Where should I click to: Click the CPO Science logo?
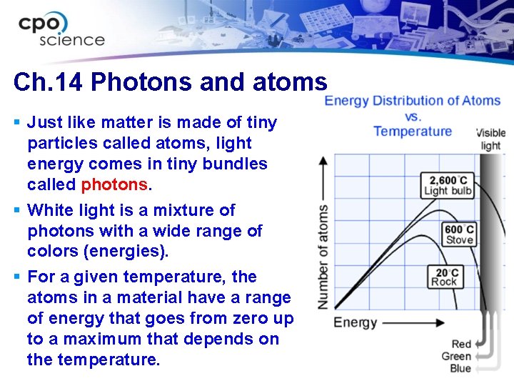coord(61,30)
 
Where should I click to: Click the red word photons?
coord(114,184)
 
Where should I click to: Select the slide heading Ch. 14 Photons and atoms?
coord(170,82)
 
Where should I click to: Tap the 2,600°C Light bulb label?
coord(448,184)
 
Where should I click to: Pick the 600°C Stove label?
coord(459,234)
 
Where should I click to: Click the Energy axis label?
coord(355,322)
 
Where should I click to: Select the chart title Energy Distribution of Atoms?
coord(412,100)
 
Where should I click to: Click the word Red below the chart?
coord(461,344)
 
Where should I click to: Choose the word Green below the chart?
coord(456,356)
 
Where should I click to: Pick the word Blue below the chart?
coord(460,368)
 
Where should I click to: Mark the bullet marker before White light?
coord(17,210)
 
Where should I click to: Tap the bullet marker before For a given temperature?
coord(17,277)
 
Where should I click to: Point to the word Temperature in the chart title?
coord(413,131)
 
